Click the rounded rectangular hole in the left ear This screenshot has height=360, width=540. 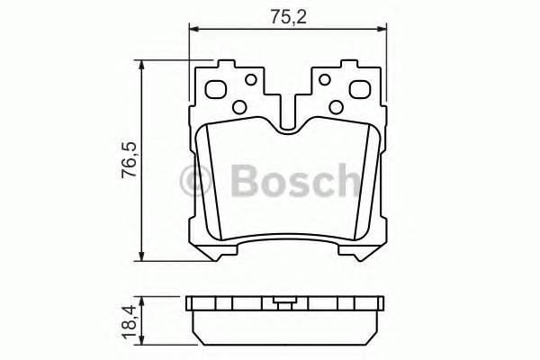(x=217, y=90)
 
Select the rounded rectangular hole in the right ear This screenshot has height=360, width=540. (x=357, y=90)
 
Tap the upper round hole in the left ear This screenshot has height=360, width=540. (x=242, y=79)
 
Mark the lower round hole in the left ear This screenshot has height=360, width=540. (x=239, y=107)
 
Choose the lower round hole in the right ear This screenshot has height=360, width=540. (x=336, y=107)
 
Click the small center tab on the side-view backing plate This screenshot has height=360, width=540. (x=285, y=302)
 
